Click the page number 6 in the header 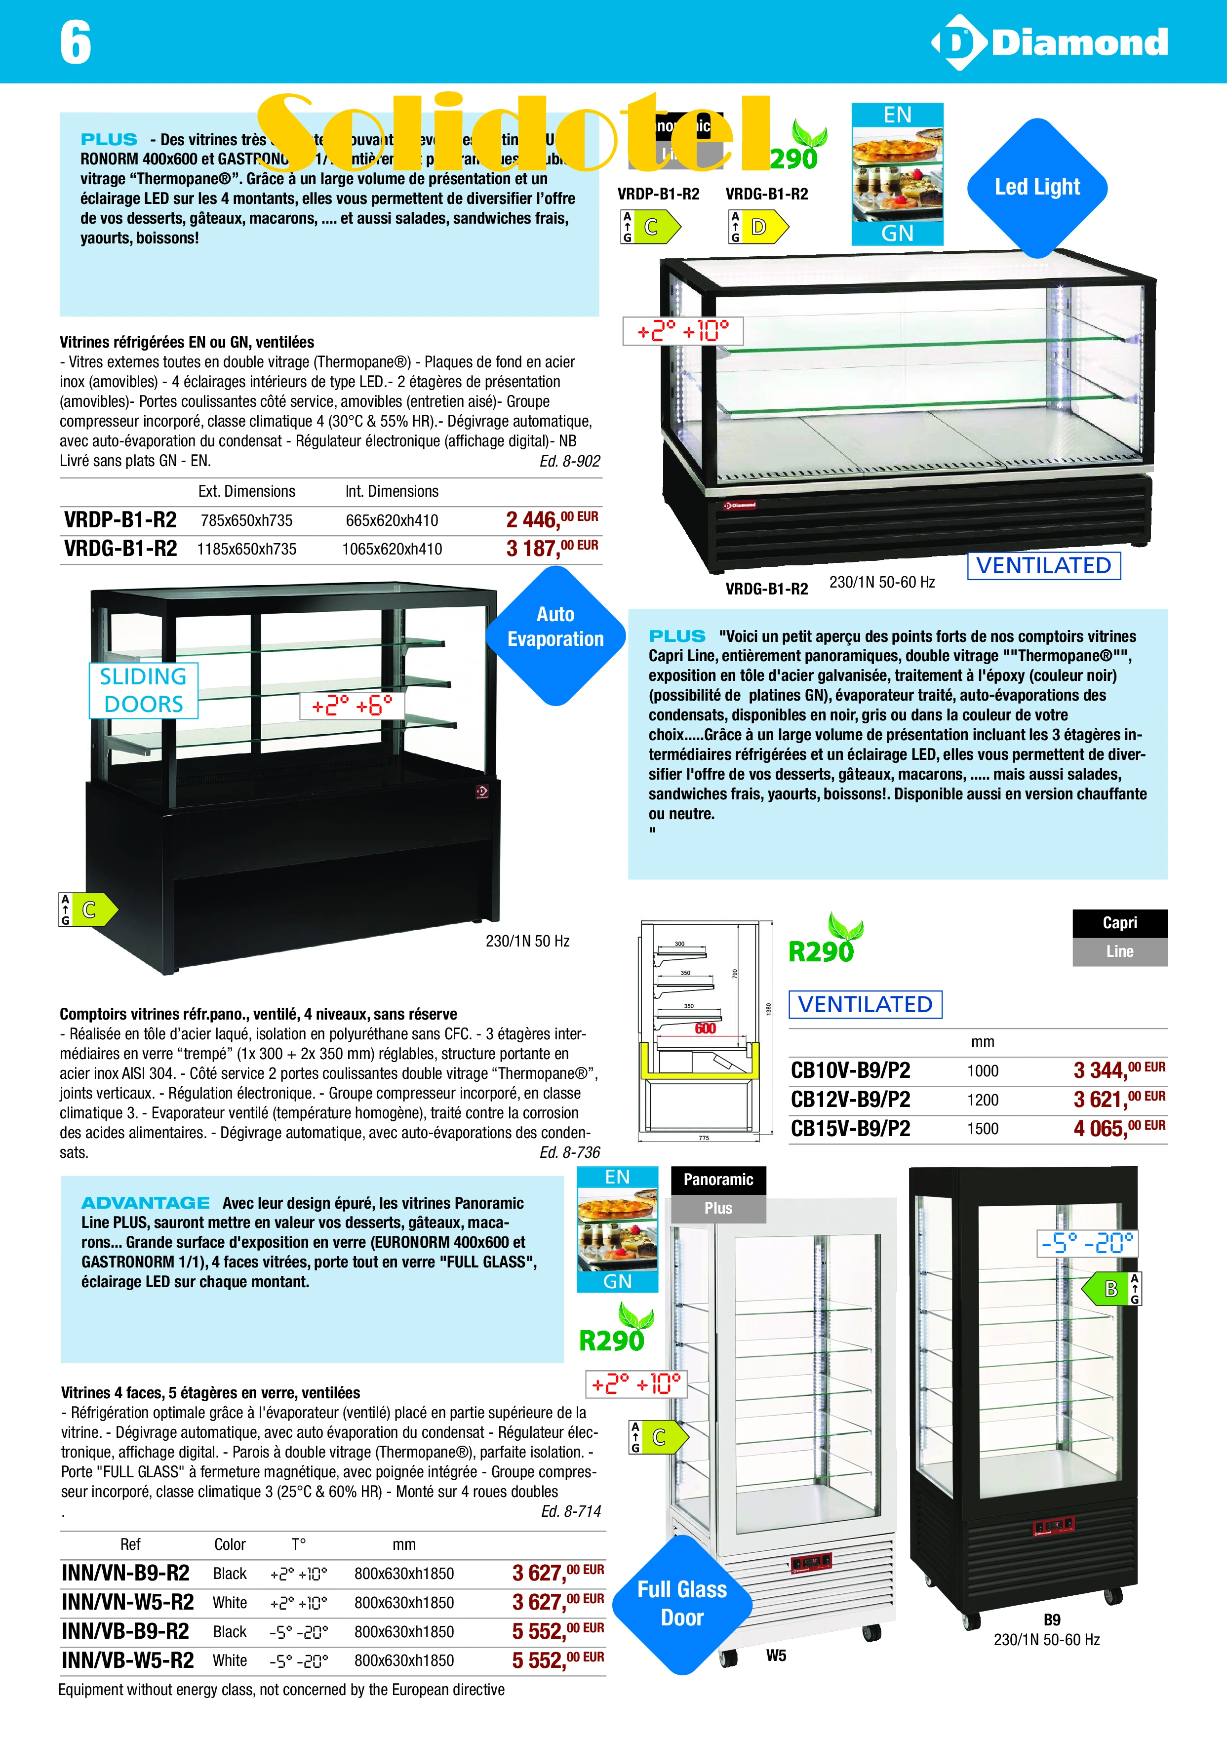tap(76, 42)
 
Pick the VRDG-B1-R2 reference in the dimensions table tap(120, 549)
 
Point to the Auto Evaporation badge tap(555, 627)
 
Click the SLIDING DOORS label tap(144, 690)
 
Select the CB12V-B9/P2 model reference tap(850, 1099)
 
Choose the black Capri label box tap(1119, 923)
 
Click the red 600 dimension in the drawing tap(705, 1028)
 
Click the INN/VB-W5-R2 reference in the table tap(127, 1660)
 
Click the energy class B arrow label tap(1110, 1288)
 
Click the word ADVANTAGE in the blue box tap(145, 1203)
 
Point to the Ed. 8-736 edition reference tap(570, 1152)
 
